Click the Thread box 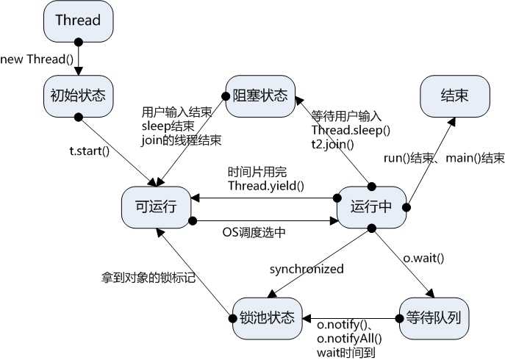[78, 21]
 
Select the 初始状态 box [78, 96]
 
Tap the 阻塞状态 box [260, 96]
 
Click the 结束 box [455, 96]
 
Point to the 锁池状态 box [267, 318]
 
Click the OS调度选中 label [254, 233]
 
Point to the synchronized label [307, 269]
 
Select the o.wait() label [423, 258]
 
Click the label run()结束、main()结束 [444, 158]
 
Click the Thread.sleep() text [351, 130]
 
